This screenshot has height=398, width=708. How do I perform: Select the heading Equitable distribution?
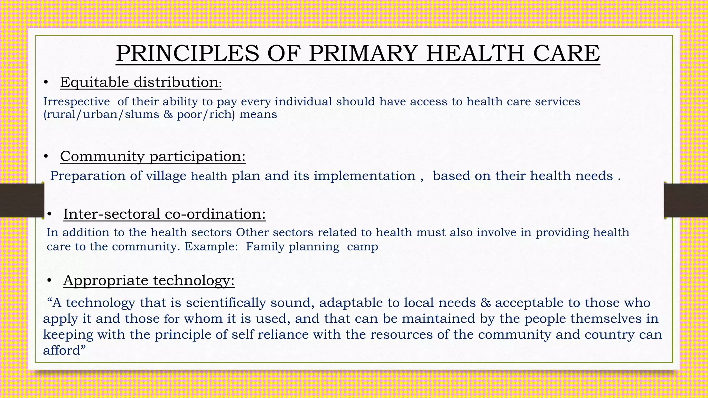pos(140,82)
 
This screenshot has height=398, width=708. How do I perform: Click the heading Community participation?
pos(153,156)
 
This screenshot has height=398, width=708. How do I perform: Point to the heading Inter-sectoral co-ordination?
pos(165,214)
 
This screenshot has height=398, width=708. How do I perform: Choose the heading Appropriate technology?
pos(149,280)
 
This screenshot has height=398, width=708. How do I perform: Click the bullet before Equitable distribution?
pos(46,83)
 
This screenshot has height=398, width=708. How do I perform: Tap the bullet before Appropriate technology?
pos(49,281)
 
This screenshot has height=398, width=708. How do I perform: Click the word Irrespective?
pos(76,102)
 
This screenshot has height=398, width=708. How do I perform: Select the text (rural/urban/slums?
pos(101,114)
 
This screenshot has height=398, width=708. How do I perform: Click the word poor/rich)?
pos(206,114)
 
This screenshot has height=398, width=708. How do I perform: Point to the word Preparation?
pos(87,176)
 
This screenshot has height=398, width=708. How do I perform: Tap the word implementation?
pos(364,176)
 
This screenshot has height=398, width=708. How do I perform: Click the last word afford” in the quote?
pos(64,350)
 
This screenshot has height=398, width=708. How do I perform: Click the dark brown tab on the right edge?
pos(686,200)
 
